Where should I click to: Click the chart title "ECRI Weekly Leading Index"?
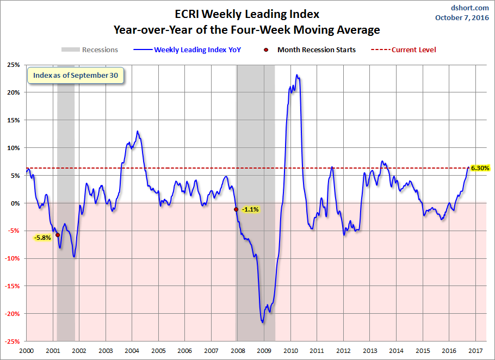[x=247, y=14]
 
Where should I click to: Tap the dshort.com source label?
[x=470, y=8]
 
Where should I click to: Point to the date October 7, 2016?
[x=462, y=17]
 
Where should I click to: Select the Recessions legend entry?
[x=90, y=49]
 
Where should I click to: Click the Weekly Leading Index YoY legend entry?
[x=187, y=49]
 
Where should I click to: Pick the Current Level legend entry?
[x=403, y=49]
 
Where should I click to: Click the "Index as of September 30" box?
[x=76, y=76]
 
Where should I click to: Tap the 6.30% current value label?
[x=480, y=168]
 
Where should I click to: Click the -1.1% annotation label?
[x=250, y=209]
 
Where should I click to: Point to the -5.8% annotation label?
[x=42, y=238]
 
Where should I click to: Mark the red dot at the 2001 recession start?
[x=58, y=235]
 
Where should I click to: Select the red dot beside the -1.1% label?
[x=236, y=209]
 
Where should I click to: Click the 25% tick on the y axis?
[x=14, y=65]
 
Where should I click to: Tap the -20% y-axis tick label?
[x=12, y=314]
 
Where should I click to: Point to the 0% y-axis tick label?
[x=15, y=203]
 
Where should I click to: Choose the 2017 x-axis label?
[x=476, y=351]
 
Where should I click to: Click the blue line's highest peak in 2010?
[x=296, y=75]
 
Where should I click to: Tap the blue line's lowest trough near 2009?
[x=263, y=322]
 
